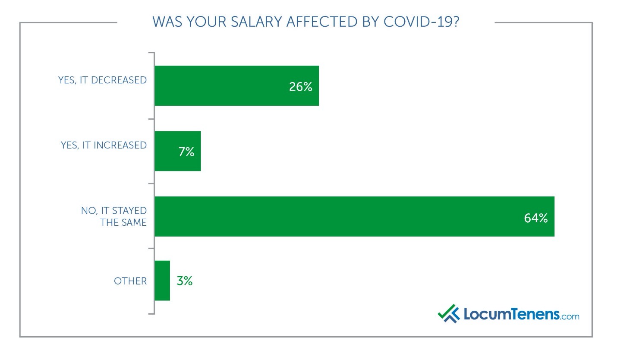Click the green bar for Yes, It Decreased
click(236, 85)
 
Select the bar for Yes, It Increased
click(177, 151)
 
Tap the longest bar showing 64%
click(354, 216)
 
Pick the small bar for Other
click(162, 281)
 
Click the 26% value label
click(300, 87)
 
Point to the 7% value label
click(186, 152)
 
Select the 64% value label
click(535, 218)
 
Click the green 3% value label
click(184, 281)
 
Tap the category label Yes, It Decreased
click(103, 80)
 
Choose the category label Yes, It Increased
click(104, 145)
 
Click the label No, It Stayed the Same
click(114, 217)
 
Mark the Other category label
click(130, 281)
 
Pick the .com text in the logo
click(570, 316)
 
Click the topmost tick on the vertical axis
click(151, 53)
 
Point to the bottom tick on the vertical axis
click(151, 314)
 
